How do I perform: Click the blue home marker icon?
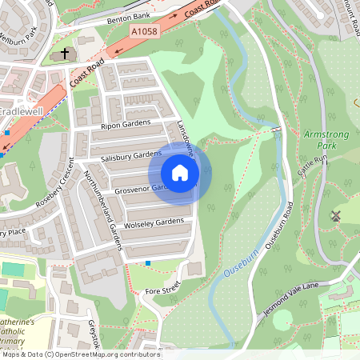pyautogui.click(x=180, y=173)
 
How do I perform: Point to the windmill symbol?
pyautogui.click(x=335, y=215)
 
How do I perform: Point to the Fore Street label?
pyautogui.click(x=163, y=292)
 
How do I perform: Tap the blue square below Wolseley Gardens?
pyautogui.click(x=148, y=263)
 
